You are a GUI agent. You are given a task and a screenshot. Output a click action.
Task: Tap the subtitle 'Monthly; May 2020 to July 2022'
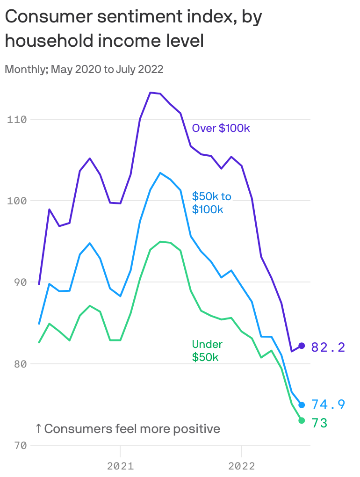click(84, 70)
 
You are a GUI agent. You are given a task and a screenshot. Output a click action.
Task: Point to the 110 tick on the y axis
click(17, 119)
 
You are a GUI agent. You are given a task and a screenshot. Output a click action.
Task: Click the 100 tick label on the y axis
click(17, 201)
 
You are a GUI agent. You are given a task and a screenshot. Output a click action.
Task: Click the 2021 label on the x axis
click(120, 466)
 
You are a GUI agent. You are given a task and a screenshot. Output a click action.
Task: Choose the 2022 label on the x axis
click(241, 466)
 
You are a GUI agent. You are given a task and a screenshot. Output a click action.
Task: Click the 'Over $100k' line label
click(221, 128)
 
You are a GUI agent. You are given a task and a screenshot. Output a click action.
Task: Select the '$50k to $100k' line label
click(211, 202)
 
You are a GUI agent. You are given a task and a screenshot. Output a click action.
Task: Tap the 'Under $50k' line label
click(207, 351)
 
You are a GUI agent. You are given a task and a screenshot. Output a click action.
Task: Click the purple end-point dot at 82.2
click(302, 346)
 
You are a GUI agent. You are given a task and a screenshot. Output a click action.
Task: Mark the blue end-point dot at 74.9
click(302, 405)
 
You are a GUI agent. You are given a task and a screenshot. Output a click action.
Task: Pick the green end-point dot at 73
click(302, 420)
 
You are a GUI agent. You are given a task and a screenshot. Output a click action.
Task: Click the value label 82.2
click(328, 347)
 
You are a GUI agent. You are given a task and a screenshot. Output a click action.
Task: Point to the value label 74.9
click(328, 405)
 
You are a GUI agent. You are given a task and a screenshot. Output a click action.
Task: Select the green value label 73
click(319, 423)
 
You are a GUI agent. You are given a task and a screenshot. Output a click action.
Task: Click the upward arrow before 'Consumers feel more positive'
click(38, 428)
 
